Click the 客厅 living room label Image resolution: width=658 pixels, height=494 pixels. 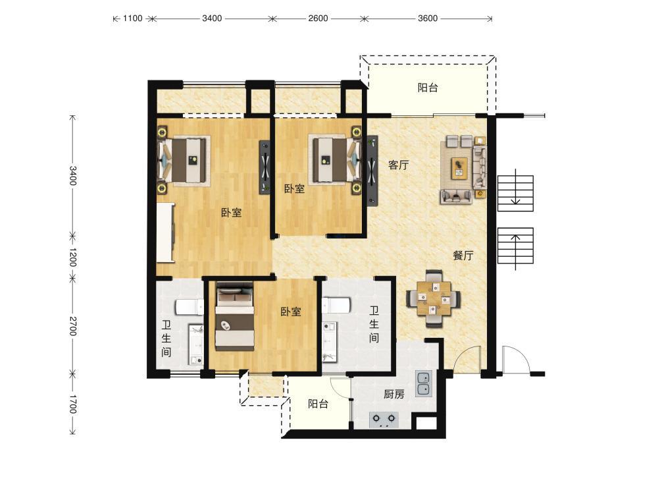[398, 165]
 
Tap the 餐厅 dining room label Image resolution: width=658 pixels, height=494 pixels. [463, 256]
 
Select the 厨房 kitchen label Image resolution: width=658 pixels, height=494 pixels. [394, 394]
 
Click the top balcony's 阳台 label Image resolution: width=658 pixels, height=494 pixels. [428, 88]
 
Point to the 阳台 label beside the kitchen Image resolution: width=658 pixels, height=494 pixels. [318, 404]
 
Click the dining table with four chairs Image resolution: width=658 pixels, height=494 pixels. [434, 298]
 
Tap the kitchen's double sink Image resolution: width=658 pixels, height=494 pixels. [423, 383]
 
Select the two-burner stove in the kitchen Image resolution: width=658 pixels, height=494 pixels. [384, 420]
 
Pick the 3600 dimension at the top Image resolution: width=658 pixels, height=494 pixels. [428, 18]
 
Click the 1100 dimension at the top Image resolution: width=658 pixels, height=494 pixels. [133, 18]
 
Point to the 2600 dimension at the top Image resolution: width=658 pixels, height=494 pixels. [318, 18]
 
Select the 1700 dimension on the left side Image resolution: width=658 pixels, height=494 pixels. [73, 404]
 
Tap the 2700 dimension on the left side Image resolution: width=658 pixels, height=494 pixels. [73, 326]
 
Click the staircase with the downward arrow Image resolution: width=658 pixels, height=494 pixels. [515, 193]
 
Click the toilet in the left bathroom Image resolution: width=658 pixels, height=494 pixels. [190, 307]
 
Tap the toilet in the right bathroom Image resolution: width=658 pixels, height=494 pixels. [336, 304]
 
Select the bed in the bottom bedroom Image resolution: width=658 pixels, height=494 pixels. [235, 317]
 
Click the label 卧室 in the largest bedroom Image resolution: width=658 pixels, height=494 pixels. [232, 213]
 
